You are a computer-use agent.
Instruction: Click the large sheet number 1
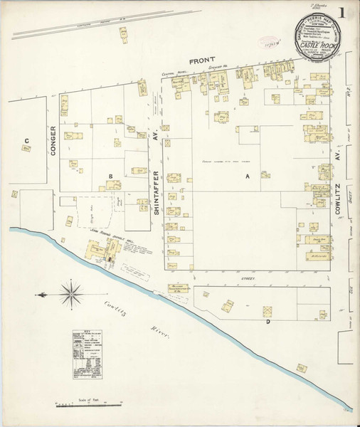point(344,12)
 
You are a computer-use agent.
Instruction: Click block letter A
point(248,175)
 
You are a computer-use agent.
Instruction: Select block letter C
point(26,140)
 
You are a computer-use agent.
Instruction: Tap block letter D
point(268,322)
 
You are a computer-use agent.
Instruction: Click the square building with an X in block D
point(268,311)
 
